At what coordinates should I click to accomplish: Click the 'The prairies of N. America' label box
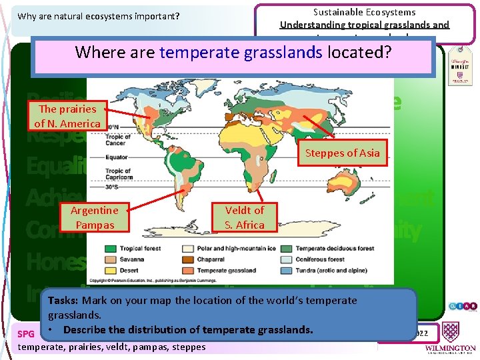[x=67, y=116]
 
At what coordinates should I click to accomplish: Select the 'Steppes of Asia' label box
[x=342, y=153]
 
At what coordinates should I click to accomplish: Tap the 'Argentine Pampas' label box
[x=94, y=217]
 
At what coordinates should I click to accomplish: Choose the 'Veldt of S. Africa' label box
[x=244, y=217]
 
